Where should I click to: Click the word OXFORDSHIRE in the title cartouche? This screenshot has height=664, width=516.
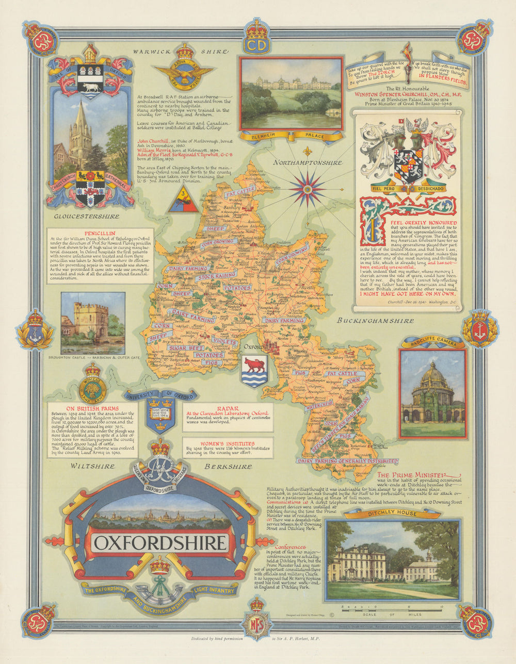click(160, 543)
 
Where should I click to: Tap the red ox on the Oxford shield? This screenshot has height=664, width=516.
click(255, 366)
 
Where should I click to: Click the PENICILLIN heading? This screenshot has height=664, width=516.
click(100, 233)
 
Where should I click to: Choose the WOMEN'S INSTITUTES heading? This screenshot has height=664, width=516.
click(228, 443)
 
